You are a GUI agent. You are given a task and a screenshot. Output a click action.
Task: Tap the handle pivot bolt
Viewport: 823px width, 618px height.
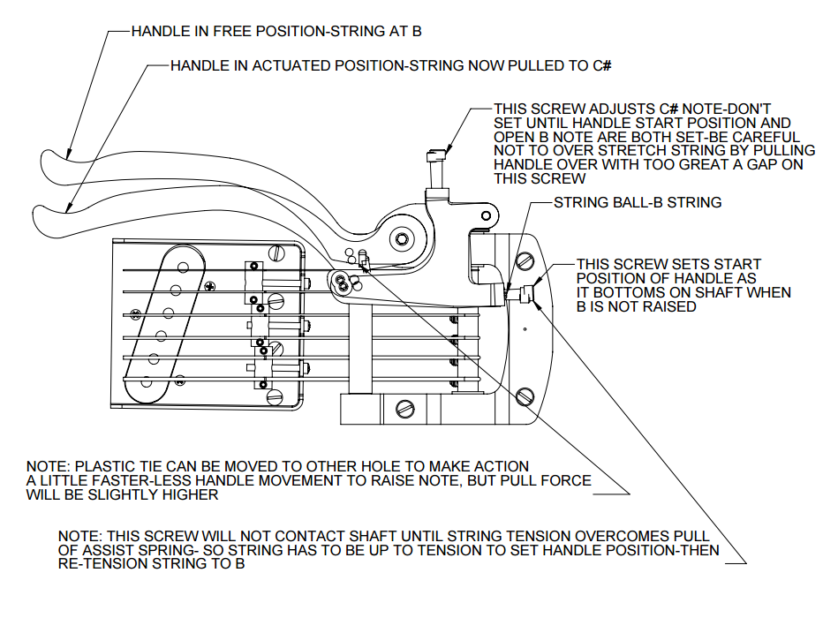click(403, 238)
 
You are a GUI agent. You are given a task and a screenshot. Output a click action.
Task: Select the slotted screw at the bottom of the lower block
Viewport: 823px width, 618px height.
click(406, 409)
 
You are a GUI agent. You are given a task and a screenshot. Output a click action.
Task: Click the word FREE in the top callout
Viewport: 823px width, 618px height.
click(217, 32)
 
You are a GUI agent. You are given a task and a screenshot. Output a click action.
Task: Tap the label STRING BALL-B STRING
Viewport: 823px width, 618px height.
click(638, 202)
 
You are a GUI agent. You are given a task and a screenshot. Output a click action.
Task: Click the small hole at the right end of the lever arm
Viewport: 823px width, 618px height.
click(484, 215)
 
